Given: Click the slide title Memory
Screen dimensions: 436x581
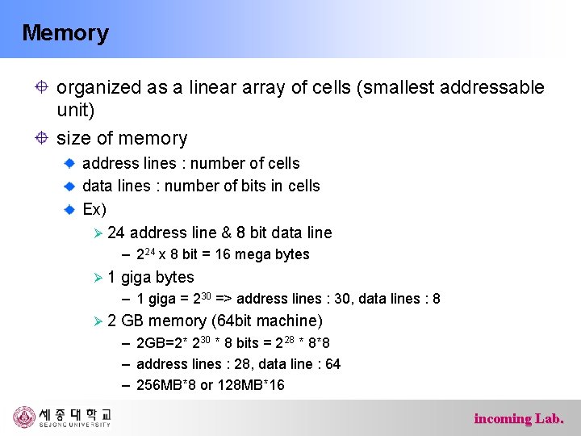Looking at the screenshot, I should coord(65,33).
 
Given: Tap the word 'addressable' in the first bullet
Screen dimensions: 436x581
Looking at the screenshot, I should coord(495,87).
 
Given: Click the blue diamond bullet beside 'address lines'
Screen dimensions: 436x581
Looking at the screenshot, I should coord(71,163).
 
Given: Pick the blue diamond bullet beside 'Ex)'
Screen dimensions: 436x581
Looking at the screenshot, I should coord(71,209).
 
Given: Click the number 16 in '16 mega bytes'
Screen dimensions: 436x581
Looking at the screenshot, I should coord(224,254).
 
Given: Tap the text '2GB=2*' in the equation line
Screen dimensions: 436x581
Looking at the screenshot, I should coord(160,343).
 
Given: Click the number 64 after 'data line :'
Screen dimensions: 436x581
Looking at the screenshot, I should coord(332,364).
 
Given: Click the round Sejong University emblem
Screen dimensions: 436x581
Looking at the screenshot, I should coord(25,417).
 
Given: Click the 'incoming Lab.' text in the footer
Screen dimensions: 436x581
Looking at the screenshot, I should coord(519,418).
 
